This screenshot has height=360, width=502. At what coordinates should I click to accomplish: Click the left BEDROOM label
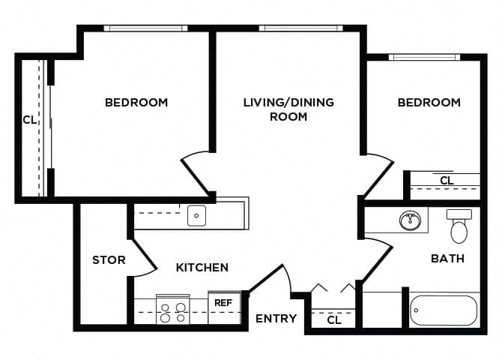coord(136,102)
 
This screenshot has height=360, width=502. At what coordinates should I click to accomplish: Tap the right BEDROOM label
coord(429,102)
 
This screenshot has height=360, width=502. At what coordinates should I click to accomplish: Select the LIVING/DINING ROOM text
coord(288,109)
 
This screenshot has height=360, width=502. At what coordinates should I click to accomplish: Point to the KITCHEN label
coord(202,267)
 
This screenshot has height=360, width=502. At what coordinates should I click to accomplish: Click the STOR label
coord(109,260)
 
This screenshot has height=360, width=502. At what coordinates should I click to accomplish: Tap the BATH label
coord(447,258)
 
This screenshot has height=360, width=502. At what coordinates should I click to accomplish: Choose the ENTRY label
coord(276,319)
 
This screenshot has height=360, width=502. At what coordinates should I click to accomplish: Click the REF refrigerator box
coord(223,304)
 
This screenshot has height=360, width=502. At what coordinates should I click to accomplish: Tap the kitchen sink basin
coord(196,216)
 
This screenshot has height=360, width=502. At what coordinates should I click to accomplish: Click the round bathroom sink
coord(409,221)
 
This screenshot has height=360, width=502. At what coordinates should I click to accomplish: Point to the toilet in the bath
coord(459,225)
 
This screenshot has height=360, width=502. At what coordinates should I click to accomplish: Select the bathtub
coord(443,310)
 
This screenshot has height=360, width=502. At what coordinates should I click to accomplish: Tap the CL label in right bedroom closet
coord(447,181)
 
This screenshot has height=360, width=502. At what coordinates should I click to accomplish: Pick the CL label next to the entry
coord(335,321)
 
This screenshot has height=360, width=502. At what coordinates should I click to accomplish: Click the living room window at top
coord(300,28)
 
